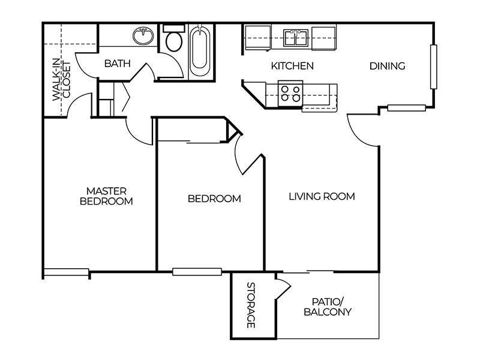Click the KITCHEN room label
click(x=292, y=66)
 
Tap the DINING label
click(x=386, y=66)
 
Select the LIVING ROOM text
click(x=322, y=196)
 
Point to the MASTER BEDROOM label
click(x=106, y=196)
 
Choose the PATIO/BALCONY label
click(x=327, y=307)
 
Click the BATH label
click(x=118, y=64)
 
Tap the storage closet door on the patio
click(x=283, y=287)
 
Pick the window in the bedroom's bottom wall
click(x=189, y=271)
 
